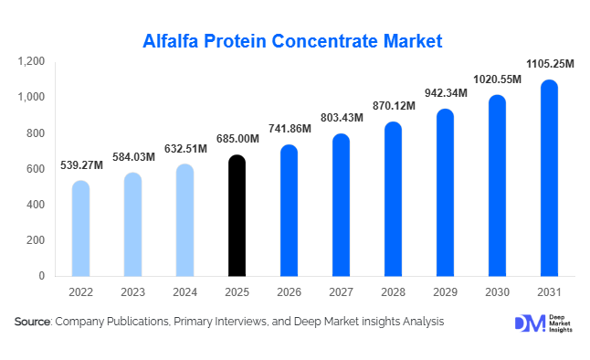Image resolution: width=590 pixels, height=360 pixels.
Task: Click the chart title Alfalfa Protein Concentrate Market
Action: tap(292, 41)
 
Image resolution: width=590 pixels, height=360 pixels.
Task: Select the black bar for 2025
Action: tap(237, 216)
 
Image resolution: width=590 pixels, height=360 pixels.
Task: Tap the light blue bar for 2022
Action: tap(81, 228)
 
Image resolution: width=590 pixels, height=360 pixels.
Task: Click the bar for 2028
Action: tap(392, 199)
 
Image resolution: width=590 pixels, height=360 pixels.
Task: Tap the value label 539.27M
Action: tap(81, 165)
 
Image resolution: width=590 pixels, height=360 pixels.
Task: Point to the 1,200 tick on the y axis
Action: tap(31, 61)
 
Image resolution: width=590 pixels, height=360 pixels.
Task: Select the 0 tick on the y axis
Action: tap(41, 276)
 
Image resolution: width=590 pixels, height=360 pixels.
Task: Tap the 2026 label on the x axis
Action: tap(289, 291)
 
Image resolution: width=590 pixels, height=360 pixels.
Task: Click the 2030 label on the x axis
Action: tap(496, 291)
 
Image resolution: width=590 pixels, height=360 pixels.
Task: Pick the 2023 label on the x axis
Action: tap(133, 291)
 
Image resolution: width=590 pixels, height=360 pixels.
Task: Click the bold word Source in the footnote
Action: tap(33, 323)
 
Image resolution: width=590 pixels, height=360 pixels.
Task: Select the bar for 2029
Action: tap(444, 193)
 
